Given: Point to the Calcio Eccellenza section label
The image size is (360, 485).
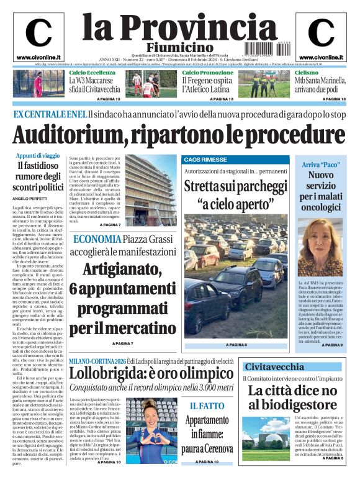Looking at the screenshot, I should (92, 73).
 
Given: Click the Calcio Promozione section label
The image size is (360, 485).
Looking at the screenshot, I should (208, 73).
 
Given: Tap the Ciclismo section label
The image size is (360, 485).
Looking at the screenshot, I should (307, 73).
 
